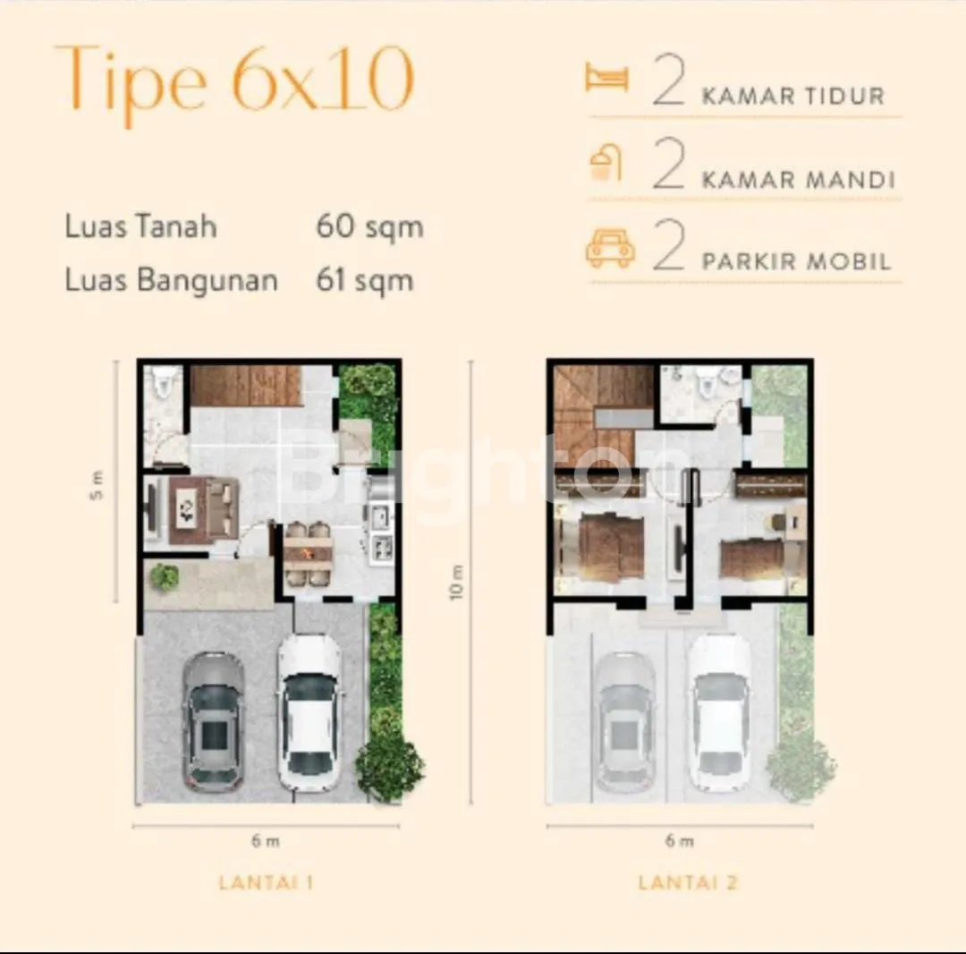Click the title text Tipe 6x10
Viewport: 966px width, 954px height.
point(234,82)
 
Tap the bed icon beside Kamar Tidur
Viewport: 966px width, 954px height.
point(606,77)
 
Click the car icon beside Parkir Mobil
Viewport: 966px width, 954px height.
point(610,249)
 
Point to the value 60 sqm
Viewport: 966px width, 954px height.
point(369,226)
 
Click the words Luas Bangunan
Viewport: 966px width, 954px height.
point(171,281)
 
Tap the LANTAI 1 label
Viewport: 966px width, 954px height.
point(267,882)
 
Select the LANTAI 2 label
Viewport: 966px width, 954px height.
point(688,882)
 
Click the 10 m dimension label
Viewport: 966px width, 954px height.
point(456,583)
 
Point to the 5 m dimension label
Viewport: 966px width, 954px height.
point(97,485)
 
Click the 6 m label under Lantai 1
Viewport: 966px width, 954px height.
point(266,840)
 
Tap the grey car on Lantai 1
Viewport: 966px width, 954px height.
point(213,721)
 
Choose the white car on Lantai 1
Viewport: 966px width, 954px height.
point(309,712)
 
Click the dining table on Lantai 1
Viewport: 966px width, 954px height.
point(308,554)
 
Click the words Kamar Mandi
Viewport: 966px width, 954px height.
point(799,180)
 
